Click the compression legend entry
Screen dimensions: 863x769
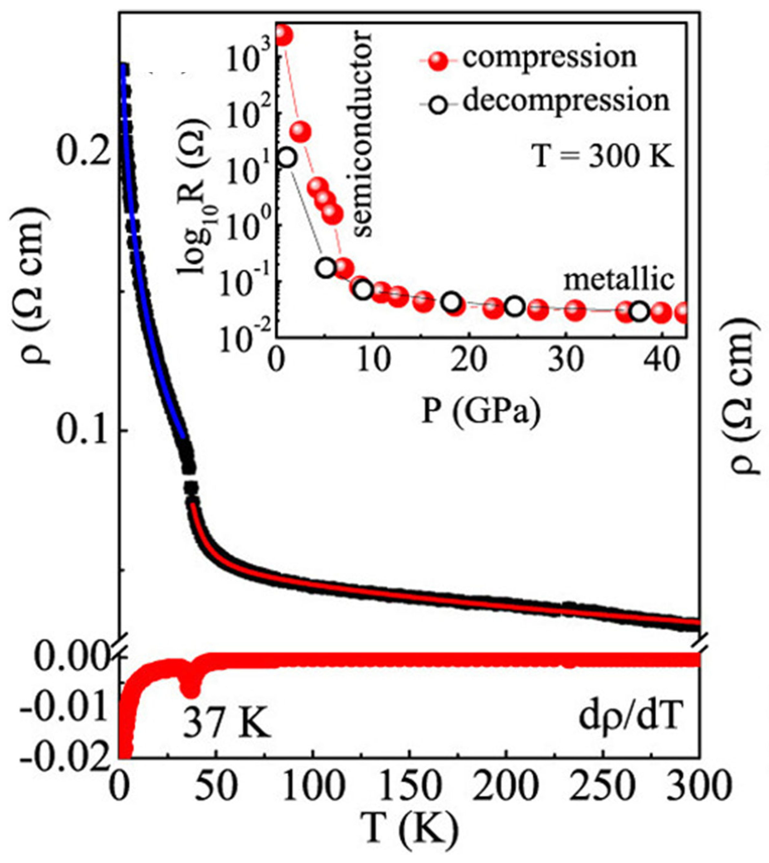point(549,58)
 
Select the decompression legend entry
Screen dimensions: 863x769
point(566,101)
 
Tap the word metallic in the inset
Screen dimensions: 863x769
point(619,280)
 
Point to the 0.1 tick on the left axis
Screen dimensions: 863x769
point(80,432)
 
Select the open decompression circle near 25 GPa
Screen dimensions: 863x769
point(514,307)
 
